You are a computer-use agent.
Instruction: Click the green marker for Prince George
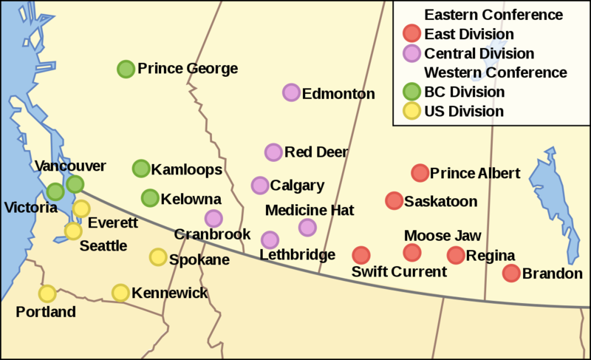click(126, 69)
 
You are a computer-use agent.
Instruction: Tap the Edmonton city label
click(339, 94)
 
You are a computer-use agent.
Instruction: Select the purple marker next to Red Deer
click(273, 152)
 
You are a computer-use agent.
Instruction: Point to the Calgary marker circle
click(260, 185)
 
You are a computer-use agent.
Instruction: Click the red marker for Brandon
click(511, 273)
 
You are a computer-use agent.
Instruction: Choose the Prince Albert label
click(475, 174)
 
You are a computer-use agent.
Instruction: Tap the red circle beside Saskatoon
click(394, 200)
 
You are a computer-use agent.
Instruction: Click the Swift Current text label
click(399, 272)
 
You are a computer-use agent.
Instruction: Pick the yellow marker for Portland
click(47, 293)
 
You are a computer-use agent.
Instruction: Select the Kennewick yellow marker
click(121, 293)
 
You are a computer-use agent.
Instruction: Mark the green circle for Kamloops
click(140, 169)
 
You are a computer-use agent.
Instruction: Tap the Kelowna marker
click(150, 197)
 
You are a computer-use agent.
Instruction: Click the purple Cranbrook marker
click(213, 218)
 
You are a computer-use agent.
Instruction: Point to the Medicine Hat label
click(310, 210)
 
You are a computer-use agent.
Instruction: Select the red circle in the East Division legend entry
click(411, 33)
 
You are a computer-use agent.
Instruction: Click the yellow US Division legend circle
click(411, 112)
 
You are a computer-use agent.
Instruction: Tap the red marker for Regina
click(456, 255)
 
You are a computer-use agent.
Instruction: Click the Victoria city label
click(30, 208)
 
